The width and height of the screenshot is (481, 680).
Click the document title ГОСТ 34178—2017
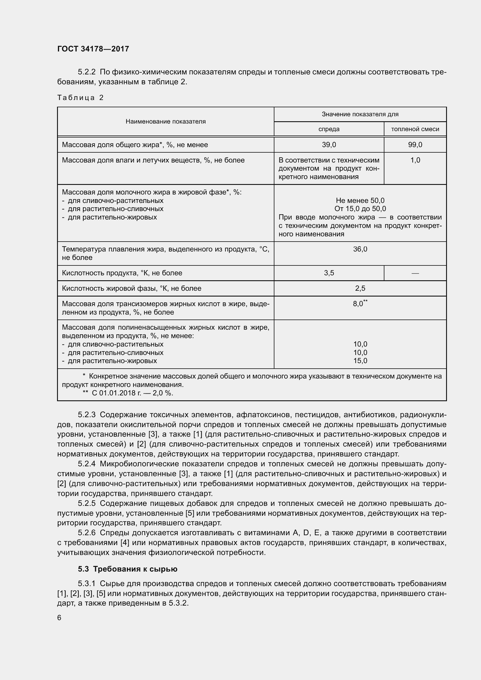[93, 49]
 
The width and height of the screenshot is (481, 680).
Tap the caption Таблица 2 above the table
[80, 98]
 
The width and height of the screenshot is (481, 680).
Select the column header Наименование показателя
[165, 122]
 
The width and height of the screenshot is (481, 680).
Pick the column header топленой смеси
[415, 129]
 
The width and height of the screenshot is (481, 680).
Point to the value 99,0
[415, 145]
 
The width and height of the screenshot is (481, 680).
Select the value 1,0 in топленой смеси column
[415, 160]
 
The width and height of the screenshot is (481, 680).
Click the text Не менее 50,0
[360, 201]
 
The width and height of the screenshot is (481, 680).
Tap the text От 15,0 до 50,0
[360, 209]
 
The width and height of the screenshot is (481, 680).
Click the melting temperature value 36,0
[360, 249]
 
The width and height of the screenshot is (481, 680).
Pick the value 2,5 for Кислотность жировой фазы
[360, 288]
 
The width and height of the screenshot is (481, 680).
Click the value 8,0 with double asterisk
[358, 304]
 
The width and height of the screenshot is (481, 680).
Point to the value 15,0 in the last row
[360, 361]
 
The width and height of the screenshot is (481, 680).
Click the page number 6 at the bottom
[59, 617]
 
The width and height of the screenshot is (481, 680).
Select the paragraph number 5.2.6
[86, 533]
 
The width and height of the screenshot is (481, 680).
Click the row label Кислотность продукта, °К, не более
[122, 273]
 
